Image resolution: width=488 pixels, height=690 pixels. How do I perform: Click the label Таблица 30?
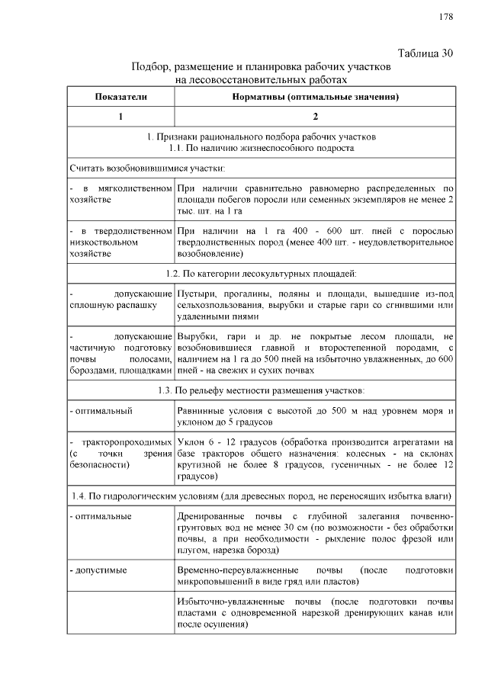[x=426, y=53]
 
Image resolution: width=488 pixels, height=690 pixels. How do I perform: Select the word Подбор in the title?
[x=150, y=66]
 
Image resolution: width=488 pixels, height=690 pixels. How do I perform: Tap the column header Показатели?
[x=120, y=97]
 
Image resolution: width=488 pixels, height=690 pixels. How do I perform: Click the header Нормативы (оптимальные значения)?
[x=316, y=97]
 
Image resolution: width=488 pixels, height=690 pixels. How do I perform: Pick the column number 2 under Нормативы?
[x=316, y=117]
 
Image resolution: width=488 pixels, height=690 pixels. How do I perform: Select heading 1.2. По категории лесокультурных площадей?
[x=261, y=272]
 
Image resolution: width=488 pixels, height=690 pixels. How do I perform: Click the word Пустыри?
[x=195, y=293]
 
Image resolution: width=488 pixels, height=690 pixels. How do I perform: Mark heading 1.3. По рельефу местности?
[x=261, y=390]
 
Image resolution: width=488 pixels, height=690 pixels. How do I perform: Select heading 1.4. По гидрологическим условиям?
[x=261, y=496]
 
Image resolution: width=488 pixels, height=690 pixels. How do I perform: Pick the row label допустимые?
[x=99, y=570]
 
